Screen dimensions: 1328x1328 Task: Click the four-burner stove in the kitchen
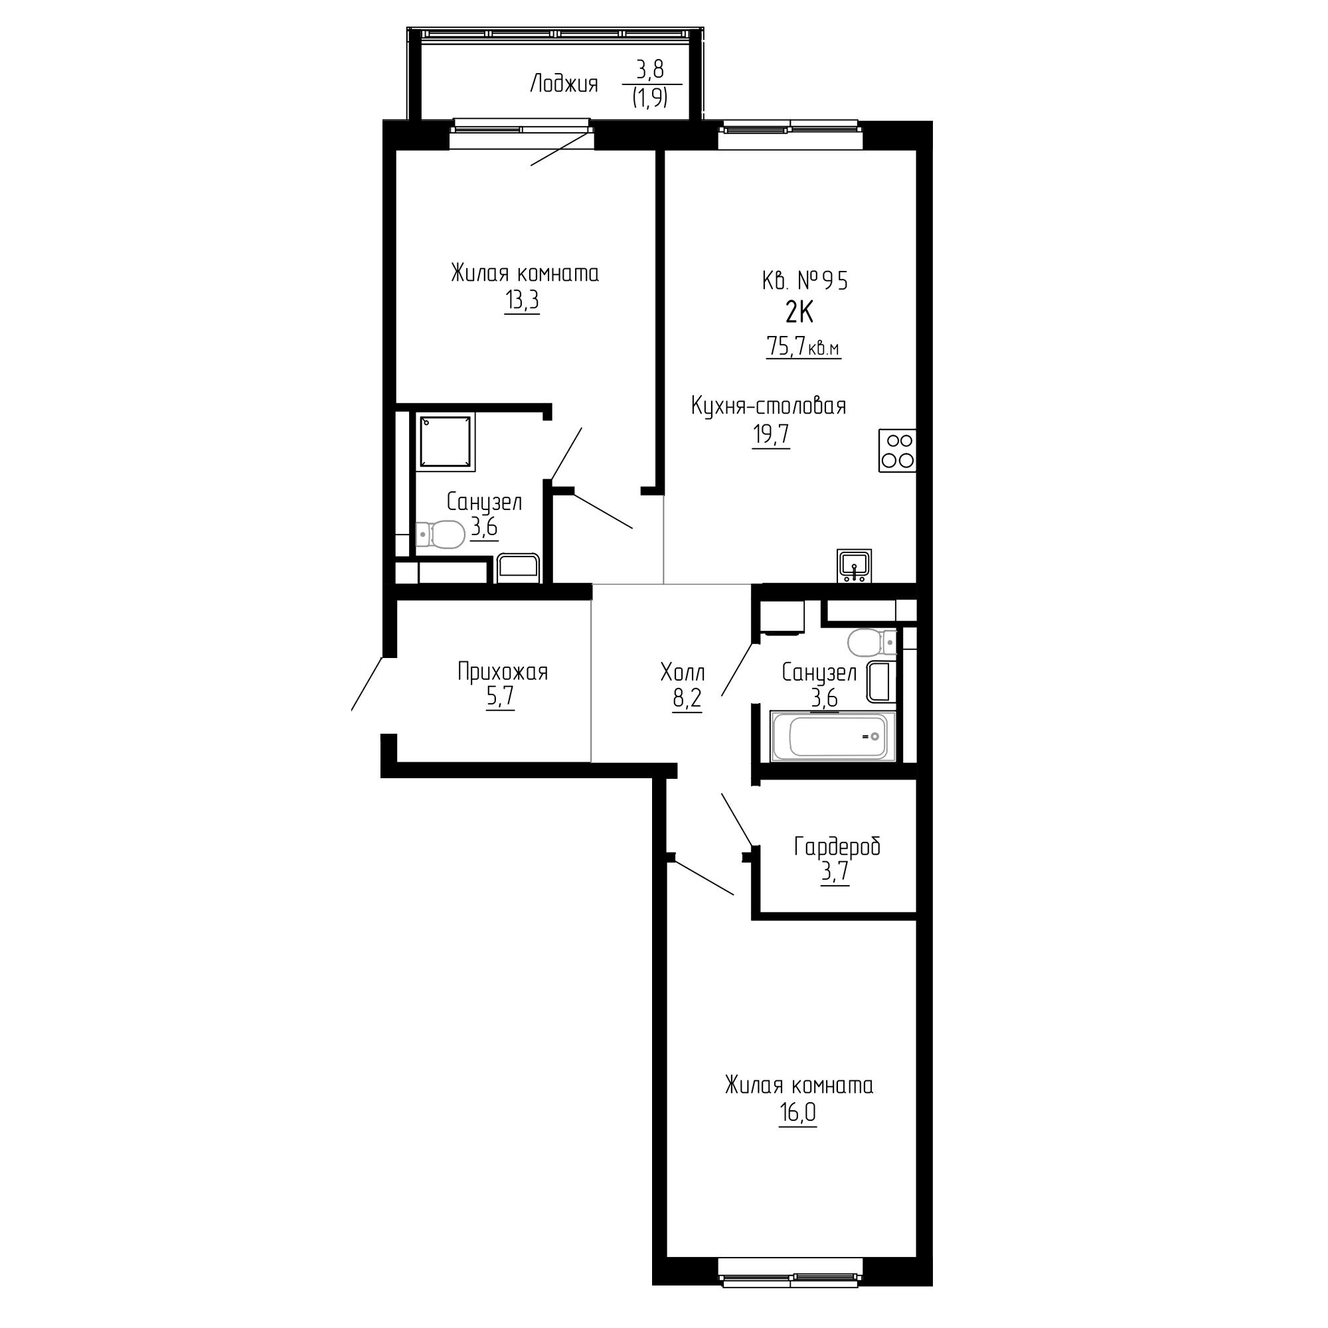(897, 450)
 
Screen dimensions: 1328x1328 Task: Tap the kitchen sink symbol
(855, 566)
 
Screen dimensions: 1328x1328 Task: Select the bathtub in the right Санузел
(833, 737)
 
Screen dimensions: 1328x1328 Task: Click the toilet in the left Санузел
(440, 534)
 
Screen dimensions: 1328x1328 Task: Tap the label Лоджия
(564, 84)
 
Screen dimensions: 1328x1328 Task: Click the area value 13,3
(522, 301)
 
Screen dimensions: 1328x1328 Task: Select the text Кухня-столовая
(768, 407)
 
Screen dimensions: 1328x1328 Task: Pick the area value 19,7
(771, 435)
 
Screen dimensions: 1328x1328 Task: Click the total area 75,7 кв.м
(803, 347)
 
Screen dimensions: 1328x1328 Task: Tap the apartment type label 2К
(799, 313)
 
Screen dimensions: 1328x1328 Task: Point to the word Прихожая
(503, 671)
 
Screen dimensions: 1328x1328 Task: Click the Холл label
(683, 671)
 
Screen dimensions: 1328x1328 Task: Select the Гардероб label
(837, 847)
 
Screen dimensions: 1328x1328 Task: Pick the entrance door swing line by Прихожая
(367, 683)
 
